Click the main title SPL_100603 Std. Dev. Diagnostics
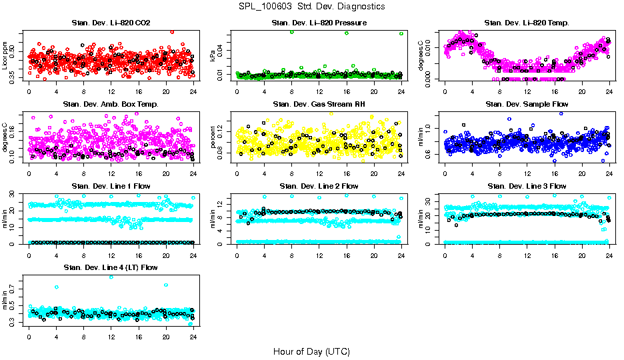311,7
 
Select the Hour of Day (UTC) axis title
311,351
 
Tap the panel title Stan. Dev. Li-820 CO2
111,23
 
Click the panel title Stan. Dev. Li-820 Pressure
319,23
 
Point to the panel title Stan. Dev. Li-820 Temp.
527,23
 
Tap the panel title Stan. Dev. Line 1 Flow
111,186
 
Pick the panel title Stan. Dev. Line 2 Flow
319,186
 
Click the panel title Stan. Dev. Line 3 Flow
527,186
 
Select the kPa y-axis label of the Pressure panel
214,55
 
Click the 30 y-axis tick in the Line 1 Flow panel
14,194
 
